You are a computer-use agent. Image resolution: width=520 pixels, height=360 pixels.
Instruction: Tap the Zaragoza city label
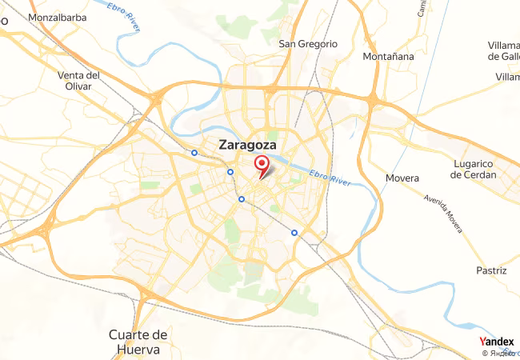[x=247, y=146]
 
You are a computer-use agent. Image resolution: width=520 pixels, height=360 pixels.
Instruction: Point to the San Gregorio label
[x=308, y=44]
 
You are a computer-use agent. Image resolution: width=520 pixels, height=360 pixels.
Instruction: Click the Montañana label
[x=388, y=57]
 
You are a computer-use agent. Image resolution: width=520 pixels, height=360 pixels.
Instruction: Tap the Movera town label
[x=402, y=178]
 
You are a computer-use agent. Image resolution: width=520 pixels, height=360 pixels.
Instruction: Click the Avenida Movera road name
[x=444, y=210]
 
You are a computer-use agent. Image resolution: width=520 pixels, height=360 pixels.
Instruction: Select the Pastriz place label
[x=491, y=270]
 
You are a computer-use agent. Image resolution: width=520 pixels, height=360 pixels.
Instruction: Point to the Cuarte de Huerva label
[x=138, y=342]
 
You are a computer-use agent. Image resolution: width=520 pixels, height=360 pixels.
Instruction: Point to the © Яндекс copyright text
[x=500, y=353]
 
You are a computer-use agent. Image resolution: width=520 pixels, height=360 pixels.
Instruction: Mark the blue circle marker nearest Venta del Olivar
[x=194, y=152]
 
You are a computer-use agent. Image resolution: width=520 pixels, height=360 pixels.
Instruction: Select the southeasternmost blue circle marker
[x=294, y=233]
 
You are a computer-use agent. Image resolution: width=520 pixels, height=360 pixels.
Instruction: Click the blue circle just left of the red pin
[x=230, y=172]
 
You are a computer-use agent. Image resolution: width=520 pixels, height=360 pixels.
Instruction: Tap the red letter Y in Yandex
[x=482, y=342]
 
